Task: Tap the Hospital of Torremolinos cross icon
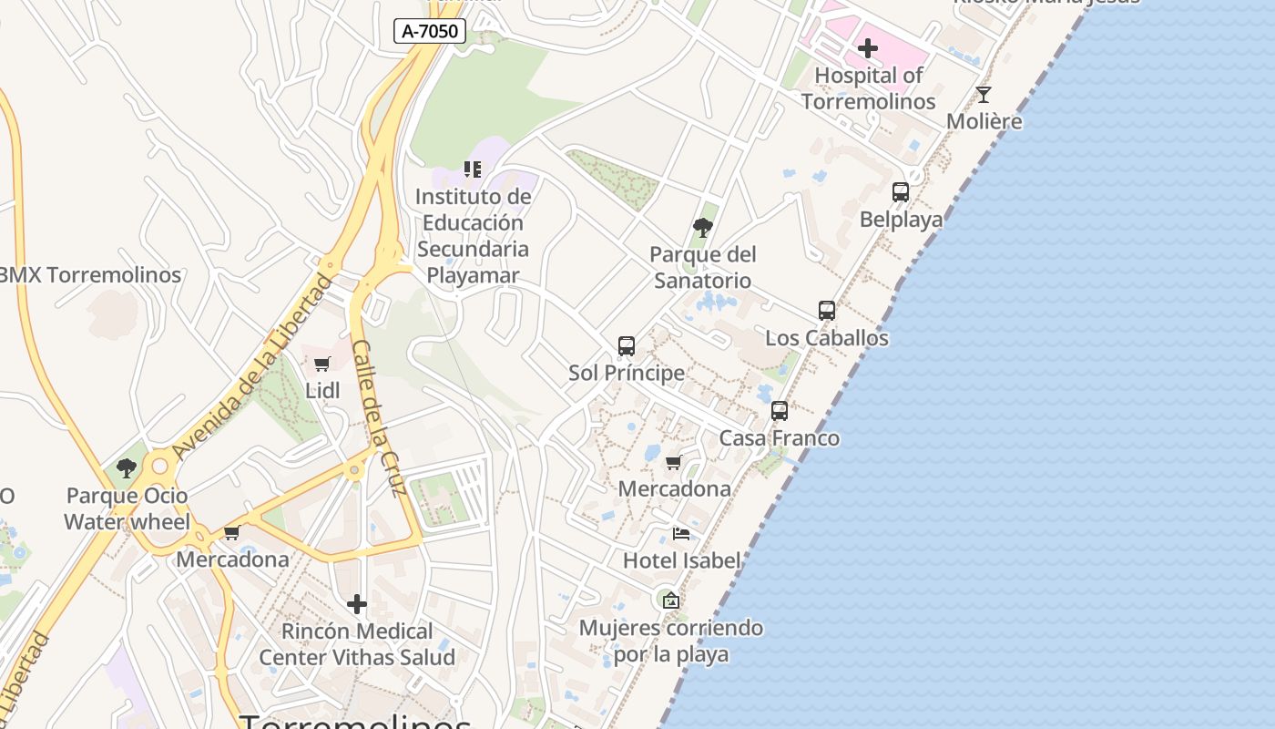[x=868, y=47]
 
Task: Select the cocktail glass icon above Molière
[x=984, y=94]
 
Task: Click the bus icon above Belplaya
[x=901, y=192]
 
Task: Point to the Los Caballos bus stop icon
[x=827, y=310]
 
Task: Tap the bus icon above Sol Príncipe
[x=627, y=346]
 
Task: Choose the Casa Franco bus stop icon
[x=780, y=411]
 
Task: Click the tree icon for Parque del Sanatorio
[x=702, y=227]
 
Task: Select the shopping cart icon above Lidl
[x=321, y=364]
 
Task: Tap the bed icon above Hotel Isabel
[x=681, y=534]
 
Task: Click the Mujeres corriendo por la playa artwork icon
[x=671, y=600]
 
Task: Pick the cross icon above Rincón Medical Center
[x=357, y=603]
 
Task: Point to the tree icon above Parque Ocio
[x=127, y=468]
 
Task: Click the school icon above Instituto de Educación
[x=473, y=169]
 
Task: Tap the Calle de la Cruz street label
[x=378, y=418]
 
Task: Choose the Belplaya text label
[x=901, y=220]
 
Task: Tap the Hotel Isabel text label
[x=681, y=560]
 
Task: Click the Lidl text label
[x=322, y=390]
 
